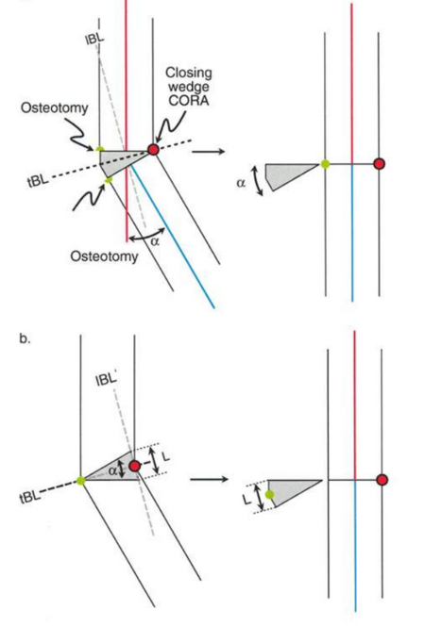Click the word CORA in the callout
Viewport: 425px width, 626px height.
click(189, 101)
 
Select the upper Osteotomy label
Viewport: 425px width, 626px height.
click(55, 107)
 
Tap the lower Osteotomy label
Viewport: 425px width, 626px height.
click(104, 255)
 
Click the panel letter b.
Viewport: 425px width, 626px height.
click(25, 338)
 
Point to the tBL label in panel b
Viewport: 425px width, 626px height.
click(29, 496)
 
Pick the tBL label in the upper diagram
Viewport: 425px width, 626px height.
click(38, 181)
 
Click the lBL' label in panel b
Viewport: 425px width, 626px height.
click(107, 379)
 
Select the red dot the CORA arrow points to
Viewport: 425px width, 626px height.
click(154, 149)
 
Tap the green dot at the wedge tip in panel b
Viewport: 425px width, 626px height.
click(81, 481)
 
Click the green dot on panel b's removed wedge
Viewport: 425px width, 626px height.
click(270, 495)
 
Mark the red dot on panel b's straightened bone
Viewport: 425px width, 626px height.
click(382, 480)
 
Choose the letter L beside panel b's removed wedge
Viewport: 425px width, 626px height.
click(247, 498)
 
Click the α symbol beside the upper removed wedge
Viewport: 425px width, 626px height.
click(241, 183)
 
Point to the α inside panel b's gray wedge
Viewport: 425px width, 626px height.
click(113, 470)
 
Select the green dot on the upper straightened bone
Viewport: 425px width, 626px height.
click(326, 164)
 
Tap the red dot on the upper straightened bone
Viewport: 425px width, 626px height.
click(379, 164)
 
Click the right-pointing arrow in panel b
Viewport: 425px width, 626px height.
click(209, 479)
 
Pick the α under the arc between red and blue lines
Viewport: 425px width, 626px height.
click(155, 241)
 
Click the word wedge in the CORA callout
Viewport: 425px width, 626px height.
click(188, 87)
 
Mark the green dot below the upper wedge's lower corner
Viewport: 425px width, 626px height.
click(108, 180)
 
